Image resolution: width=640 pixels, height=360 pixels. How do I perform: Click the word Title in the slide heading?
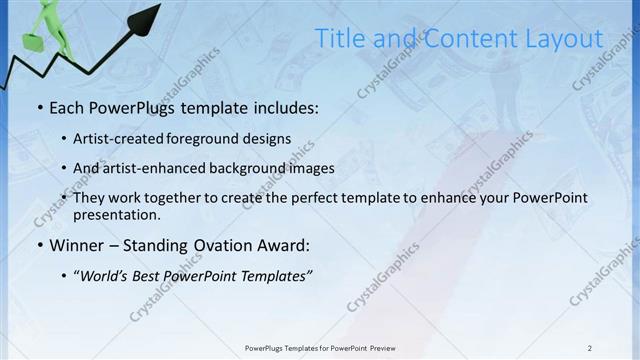[x=340, y=39]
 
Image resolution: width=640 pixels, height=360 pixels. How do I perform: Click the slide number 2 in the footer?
[x=590, y=348]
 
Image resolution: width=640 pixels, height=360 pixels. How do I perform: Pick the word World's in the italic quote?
[x=107, y=276]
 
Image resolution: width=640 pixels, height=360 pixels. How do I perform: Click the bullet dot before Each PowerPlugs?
[x=39, y=107]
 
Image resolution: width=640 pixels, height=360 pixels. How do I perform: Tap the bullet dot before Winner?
[x=39, y=245]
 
